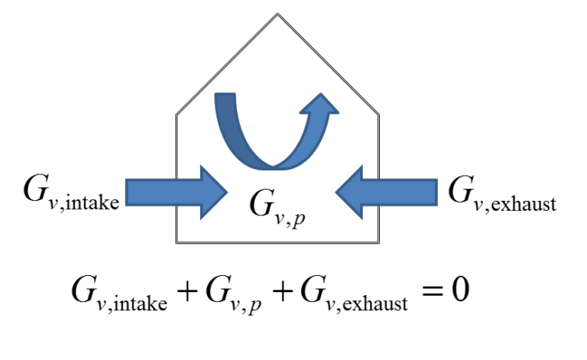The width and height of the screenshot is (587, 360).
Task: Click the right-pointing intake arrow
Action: pyautogui.click(x=177, y=193)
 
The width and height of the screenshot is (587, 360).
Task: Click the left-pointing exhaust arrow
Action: pyautogui.click(x=386, y=193)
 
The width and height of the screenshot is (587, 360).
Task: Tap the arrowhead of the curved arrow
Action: pyautogui.click(x=319, y=104)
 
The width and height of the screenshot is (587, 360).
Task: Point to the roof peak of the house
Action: pyautogui.click(x=277, y=14)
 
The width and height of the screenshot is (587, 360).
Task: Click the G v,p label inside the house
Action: pyautogui.click(x=277, y=208)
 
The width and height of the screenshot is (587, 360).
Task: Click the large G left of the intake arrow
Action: pyautogui.click(x=36, y=188)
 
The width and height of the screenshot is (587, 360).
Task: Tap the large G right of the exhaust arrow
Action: pyautogui.click(x=461, y=190)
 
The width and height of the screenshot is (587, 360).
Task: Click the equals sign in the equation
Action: pyautogui.click(x=432, y=290)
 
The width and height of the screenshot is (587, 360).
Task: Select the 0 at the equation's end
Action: pyautogui.click(x=460, y=289)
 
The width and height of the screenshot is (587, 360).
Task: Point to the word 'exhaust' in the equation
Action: pyautogui.click(x=375, y=303)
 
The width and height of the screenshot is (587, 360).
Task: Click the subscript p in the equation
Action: pyautogui.click(x=255, y=306)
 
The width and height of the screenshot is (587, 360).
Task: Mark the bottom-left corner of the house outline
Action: pyautogui.click(x=177, y=243)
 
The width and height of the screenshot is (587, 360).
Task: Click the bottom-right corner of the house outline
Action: pyautogui.click(x=379, y=243)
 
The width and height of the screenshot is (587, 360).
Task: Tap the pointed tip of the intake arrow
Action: pyautogui.click(x=227, y=193)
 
